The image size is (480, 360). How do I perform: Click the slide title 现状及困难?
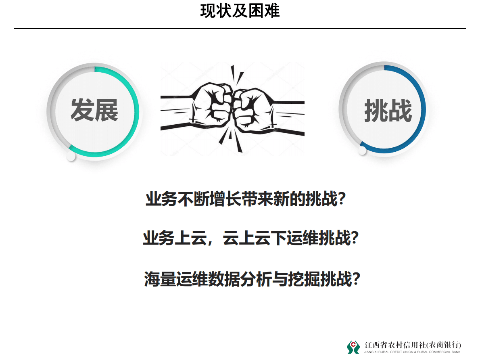coord(240,11)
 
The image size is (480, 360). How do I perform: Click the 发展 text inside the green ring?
coord(94,110)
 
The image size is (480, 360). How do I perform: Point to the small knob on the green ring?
coord(71,156)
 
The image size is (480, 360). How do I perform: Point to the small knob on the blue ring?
coord(362,151)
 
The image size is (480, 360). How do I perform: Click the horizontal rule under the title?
coord(240,29)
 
